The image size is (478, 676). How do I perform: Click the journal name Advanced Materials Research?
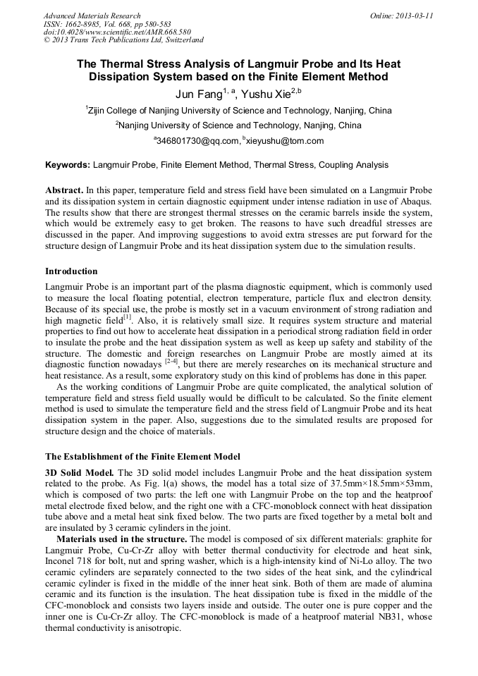click(x=92, y=16)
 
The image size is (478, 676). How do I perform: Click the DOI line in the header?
click(x=117, y=32)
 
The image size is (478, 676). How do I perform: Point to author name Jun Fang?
click(x=199, y=94)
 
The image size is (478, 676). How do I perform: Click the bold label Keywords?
click(x=68, y=166)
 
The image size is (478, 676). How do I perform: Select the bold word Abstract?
click(x=63, y=191)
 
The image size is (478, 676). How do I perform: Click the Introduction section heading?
click(x=71, y=271)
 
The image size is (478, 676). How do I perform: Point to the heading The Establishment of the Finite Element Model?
click(x=142, y=457)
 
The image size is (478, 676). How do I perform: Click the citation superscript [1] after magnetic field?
click(x=127, y=317)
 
